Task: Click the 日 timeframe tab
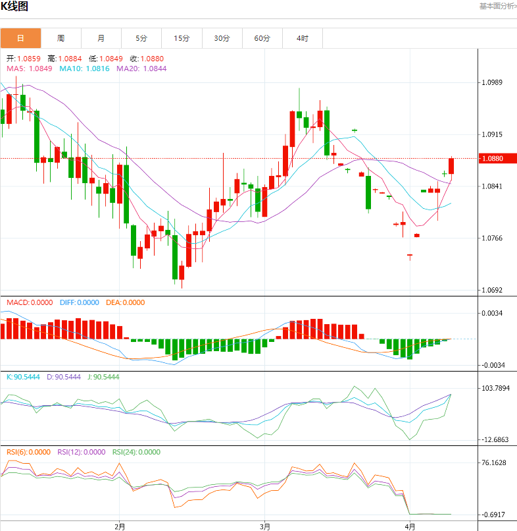20,38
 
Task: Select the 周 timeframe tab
61,38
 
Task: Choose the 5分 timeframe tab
141,38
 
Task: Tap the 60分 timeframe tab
262,38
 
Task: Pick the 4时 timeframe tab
303,38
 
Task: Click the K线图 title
14,7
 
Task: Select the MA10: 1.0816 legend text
85,69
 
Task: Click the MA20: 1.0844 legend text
141,69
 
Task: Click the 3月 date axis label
264,526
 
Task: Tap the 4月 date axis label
410,526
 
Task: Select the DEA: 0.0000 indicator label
125,302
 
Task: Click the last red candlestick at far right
452,166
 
